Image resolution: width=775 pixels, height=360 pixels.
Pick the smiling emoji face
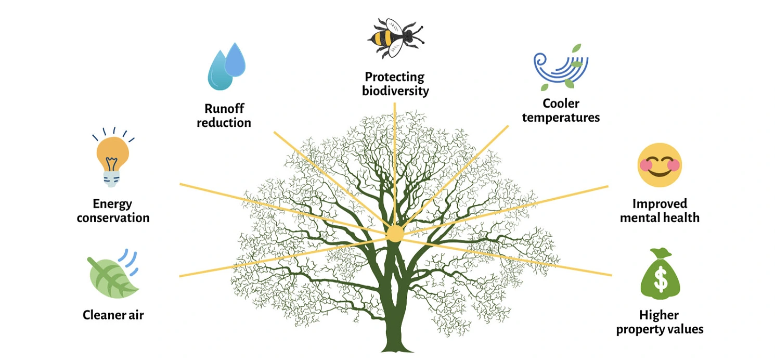660,165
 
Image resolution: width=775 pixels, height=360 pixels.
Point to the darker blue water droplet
235,60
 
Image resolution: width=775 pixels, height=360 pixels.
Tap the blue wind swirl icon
559,68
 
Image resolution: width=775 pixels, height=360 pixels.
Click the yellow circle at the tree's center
395,234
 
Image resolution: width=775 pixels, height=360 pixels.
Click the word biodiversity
395,91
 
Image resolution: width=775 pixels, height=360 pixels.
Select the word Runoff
224,109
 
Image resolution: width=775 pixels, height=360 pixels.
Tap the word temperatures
561,118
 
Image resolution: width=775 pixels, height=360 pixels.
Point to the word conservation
113,217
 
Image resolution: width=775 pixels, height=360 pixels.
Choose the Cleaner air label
113,315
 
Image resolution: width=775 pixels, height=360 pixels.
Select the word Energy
112,204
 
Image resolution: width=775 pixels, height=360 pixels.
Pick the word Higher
659,315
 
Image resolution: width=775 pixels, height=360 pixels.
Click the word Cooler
561,104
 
